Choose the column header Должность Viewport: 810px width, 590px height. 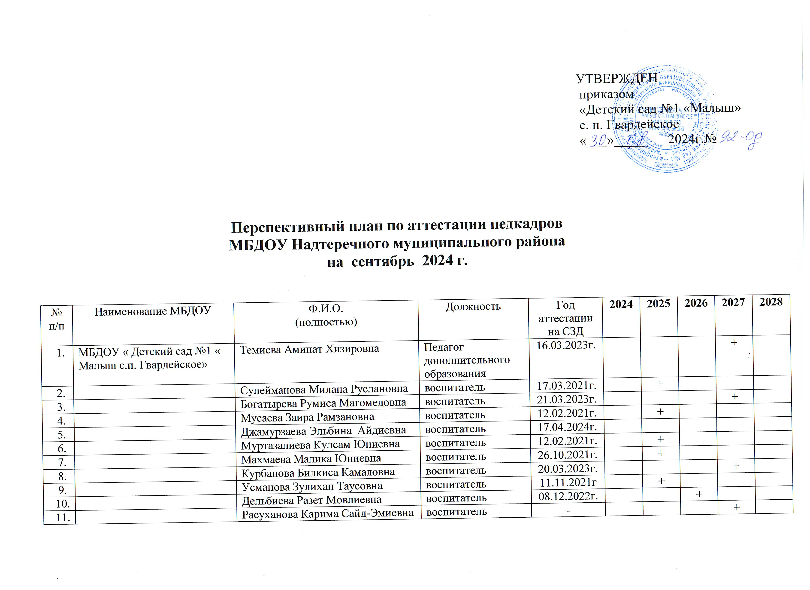[x=473, y=306]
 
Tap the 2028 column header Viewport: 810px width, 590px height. [x=771, y=302]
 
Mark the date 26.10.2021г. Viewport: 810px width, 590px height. [x=568, y=455]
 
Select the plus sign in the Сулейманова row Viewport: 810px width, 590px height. [x=660, y=384]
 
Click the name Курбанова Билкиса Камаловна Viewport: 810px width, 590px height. [x=318, y=473]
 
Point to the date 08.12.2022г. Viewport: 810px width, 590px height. [x=568, y=496]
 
